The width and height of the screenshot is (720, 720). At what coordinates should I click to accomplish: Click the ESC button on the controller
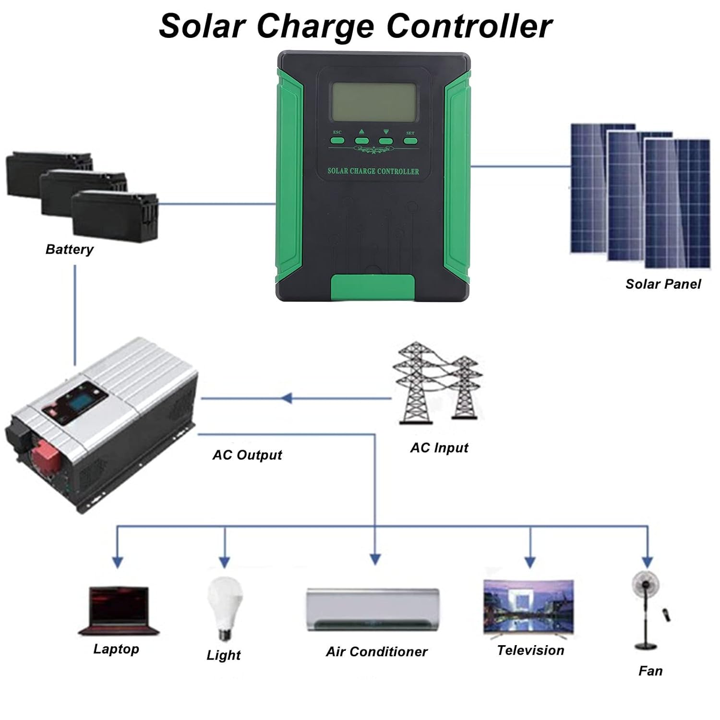tap(337, 141)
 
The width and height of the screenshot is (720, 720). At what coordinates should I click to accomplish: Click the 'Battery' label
tap(69, 249)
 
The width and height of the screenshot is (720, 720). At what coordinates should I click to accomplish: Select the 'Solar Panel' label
tap(663, 284)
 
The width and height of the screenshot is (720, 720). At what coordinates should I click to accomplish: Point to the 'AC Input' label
tap(439, 448)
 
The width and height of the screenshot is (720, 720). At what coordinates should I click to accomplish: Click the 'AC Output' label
tap(247, 455)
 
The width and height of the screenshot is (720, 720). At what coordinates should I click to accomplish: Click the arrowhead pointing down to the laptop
tap(118, 562)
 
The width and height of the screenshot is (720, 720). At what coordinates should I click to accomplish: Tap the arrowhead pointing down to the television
tap(530, 562)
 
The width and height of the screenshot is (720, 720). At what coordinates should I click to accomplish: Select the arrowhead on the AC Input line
tap(287, 398)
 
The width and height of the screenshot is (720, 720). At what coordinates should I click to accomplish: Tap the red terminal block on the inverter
tap(46, 455)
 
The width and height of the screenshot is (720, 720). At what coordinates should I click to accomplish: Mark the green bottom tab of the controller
tap(373, 287)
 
